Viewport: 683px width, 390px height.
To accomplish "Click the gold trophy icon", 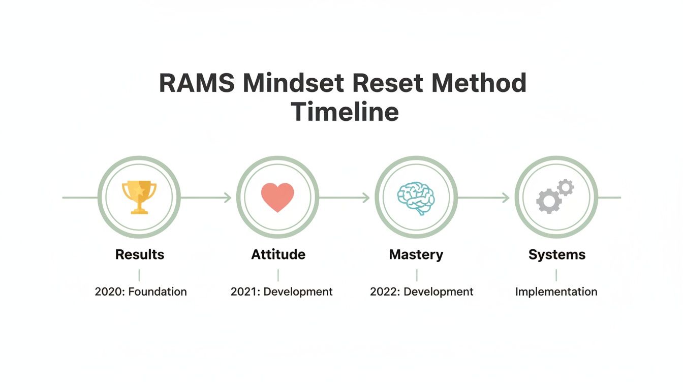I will pos(139,197).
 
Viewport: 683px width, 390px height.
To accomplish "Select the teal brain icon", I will pos(416,198).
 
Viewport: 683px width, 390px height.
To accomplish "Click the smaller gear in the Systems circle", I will pos(565,187).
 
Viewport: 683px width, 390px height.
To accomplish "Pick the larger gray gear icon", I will pos(549,202).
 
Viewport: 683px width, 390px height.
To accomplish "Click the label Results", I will pos(140,254).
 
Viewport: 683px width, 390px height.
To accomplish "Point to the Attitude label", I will pos(278,254).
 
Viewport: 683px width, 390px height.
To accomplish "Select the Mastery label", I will pos(416,254).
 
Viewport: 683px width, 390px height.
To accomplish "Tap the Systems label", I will pos(556,254).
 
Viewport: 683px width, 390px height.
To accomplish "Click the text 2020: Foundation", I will pos(141,292).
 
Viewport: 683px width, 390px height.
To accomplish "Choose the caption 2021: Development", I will pos(282,292).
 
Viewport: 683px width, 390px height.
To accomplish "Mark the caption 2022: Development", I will pos(421,292).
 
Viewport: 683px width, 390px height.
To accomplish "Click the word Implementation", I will pos(556,292).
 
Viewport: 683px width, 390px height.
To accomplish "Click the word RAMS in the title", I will pos(197,83).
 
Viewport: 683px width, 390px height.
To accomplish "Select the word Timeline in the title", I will pos(345,112).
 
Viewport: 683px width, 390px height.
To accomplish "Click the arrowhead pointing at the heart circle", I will pos(228,198).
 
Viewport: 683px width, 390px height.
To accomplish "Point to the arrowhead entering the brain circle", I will pos(366,198).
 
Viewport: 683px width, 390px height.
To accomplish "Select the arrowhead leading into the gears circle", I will pos(506,198).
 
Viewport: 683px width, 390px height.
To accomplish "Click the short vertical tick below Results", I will pos(139,275).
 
